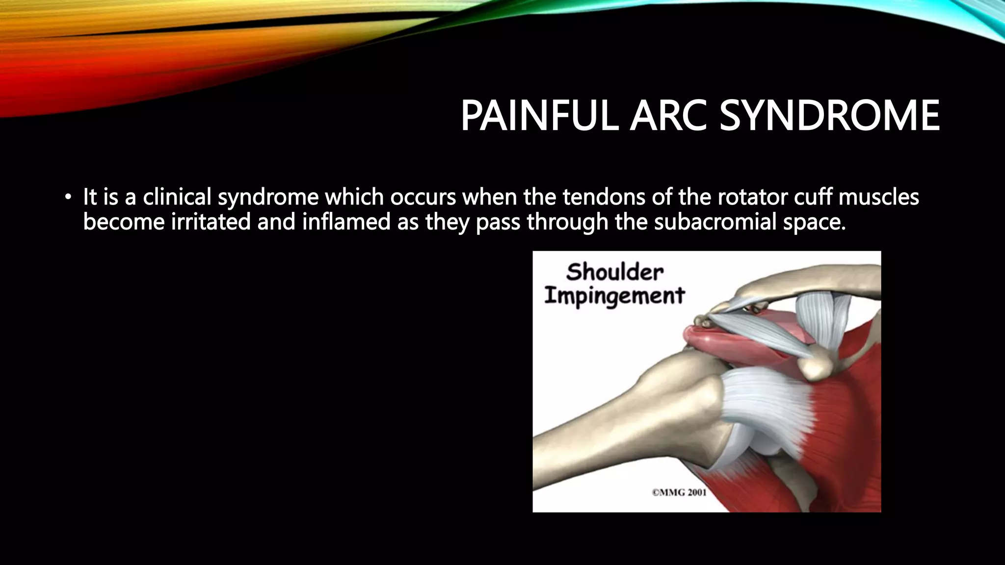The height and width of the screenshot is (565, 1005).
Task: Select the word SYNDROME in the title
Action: click(829, 117)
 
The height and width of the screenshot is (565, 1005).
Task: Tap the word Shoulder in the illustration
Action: click(614, 273)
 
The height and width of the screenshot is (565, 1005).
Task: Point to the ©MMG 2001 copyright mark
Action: click(679, 492)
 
